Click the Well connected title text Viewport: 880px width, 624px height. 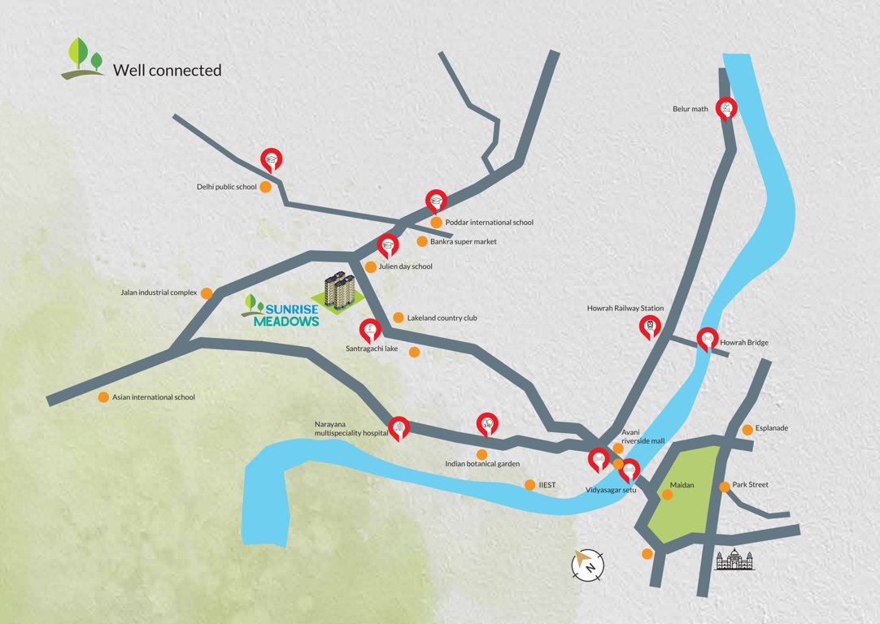tap(167, 71)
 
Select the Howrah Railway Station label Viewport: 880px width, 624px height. tap(625, 309)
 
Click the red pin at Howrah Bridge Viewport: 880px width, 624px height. tap(708, 339)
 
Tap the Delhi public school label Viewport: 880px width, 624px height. tap(227, 187)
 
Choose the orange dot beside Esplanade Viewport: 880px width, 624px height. tap(747, 429)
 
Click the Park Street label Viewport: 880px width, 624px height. tap(750, 485)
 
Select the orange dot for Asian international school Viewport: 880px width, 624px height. tap(103, 397)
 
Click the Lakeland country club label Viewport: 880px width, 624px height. tap(442, 318)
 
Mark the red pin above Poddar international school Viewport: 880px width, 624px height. tap(436, 200)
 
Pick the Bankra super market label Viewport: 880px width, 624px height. tap(463, 241)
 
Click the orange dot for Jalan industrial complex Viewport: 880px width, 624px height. tap(207, 292)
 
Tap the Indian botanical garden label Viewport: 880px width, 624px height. tap(482, 465)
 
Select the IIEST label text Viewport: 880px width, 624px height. tap(547, 485)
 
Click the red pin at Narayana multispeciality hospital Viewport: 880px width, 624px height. tap(399, 427)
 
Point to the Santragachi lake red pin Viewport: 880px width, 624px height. tap(370, 330)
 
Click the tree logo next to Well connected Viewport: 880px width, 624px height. tap(84, 58)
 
